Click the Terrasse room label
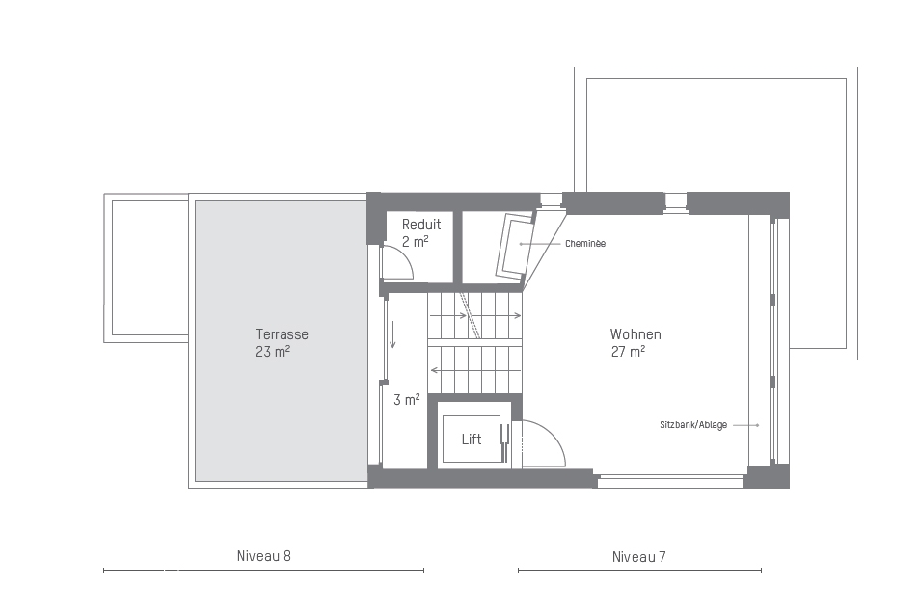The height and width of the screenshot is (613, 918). (x=282, y=334)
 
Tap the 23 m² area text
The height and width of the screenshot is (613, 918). (x=273, y=352)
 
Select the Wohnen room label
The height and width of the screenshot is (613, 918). (x=635, y=334)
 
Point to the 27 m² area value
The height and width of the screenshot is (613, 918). (x=628, y=352)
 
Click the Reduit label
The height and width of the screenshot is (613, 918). (x=421, y=224)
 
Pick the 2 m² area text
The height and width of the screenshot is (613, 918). (x=415, y=241)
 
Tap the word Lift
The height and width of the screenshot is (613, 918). (x=472, y=440)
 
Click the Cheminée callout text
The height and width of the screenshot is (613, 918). (x=585, y=243)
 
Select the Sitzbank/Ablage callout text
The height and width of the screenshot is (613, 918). (x=693, y=425)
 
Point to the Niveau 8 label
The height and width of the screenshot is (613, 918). (x=263, y=556)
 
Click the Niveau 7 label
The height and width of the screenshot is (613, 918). (x=638, y=556)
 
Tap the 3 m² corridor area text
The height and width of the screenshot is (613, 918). (x=406, y=399)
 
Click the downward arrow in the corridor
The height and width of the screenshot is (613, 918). (x=392, y=334)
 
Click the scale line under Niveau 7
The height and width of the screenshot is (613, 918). (x=639, y=570)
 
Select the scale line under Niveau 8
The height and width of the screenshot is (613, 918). (x=263, y=570)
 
